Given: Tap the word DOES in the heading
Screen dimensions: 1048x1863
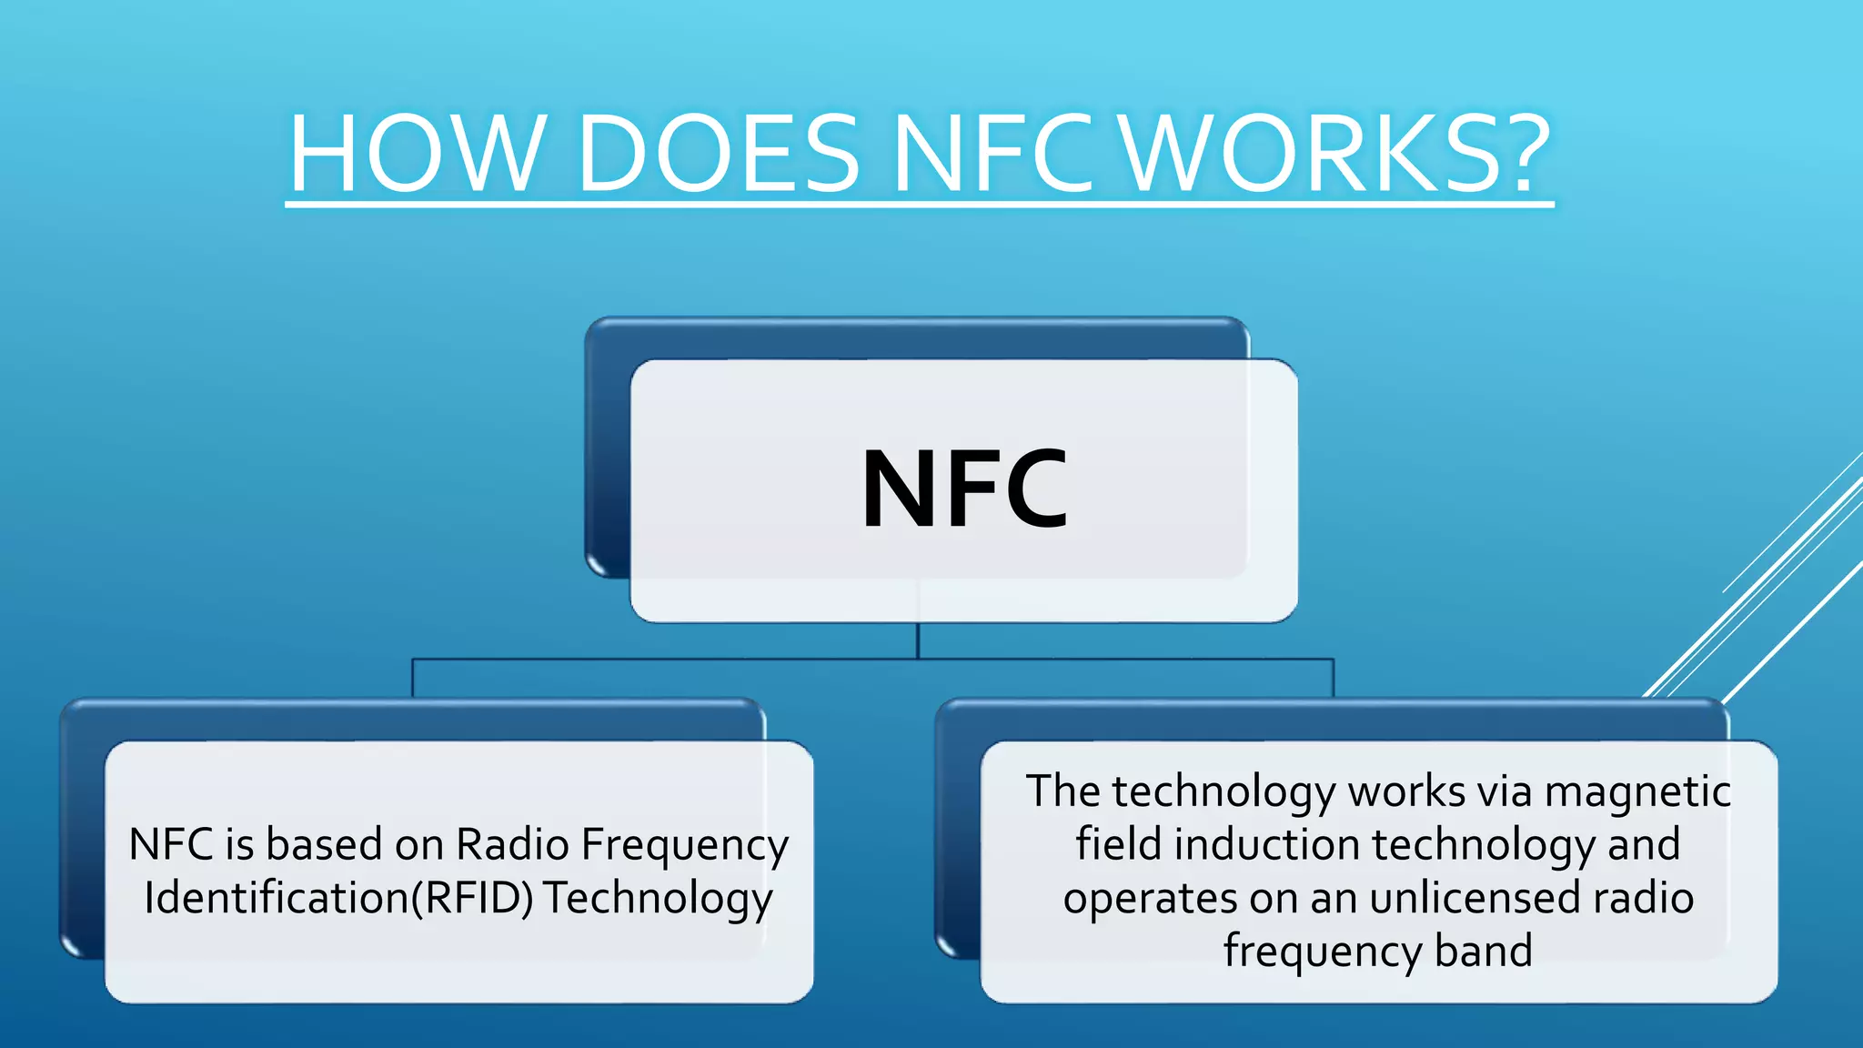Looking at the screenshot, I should [x=718, y=154].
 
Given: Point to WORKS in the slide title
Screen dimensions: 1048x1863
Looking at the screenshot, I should [x=1303, y=154].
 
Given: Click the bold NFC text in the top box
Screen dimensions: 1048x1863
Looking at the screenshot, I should [x=964, y=489].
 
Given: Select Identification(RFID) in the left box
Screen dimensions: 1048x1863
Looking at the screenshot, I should [x=338, y=898].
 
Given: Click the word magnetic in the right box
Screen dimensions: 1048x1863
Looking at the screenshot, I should [x=1637, y=791].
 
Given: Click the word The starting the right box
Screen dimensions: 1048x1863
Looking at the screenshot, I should [x=1063, y=791].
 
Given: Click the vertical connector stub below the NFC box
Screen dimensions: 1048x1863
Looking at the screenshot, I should [x=918, y=640].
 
